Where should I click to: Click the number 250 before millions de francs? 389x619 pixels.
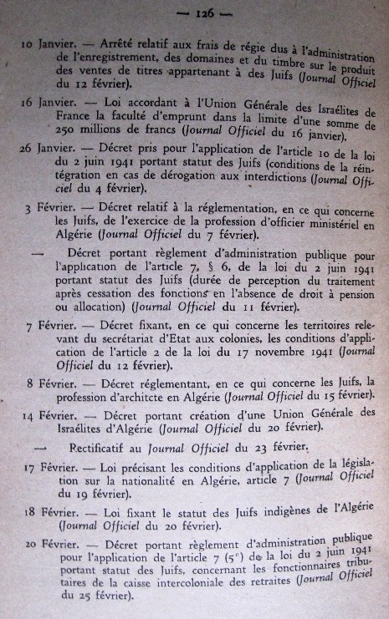coord(65,132)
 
